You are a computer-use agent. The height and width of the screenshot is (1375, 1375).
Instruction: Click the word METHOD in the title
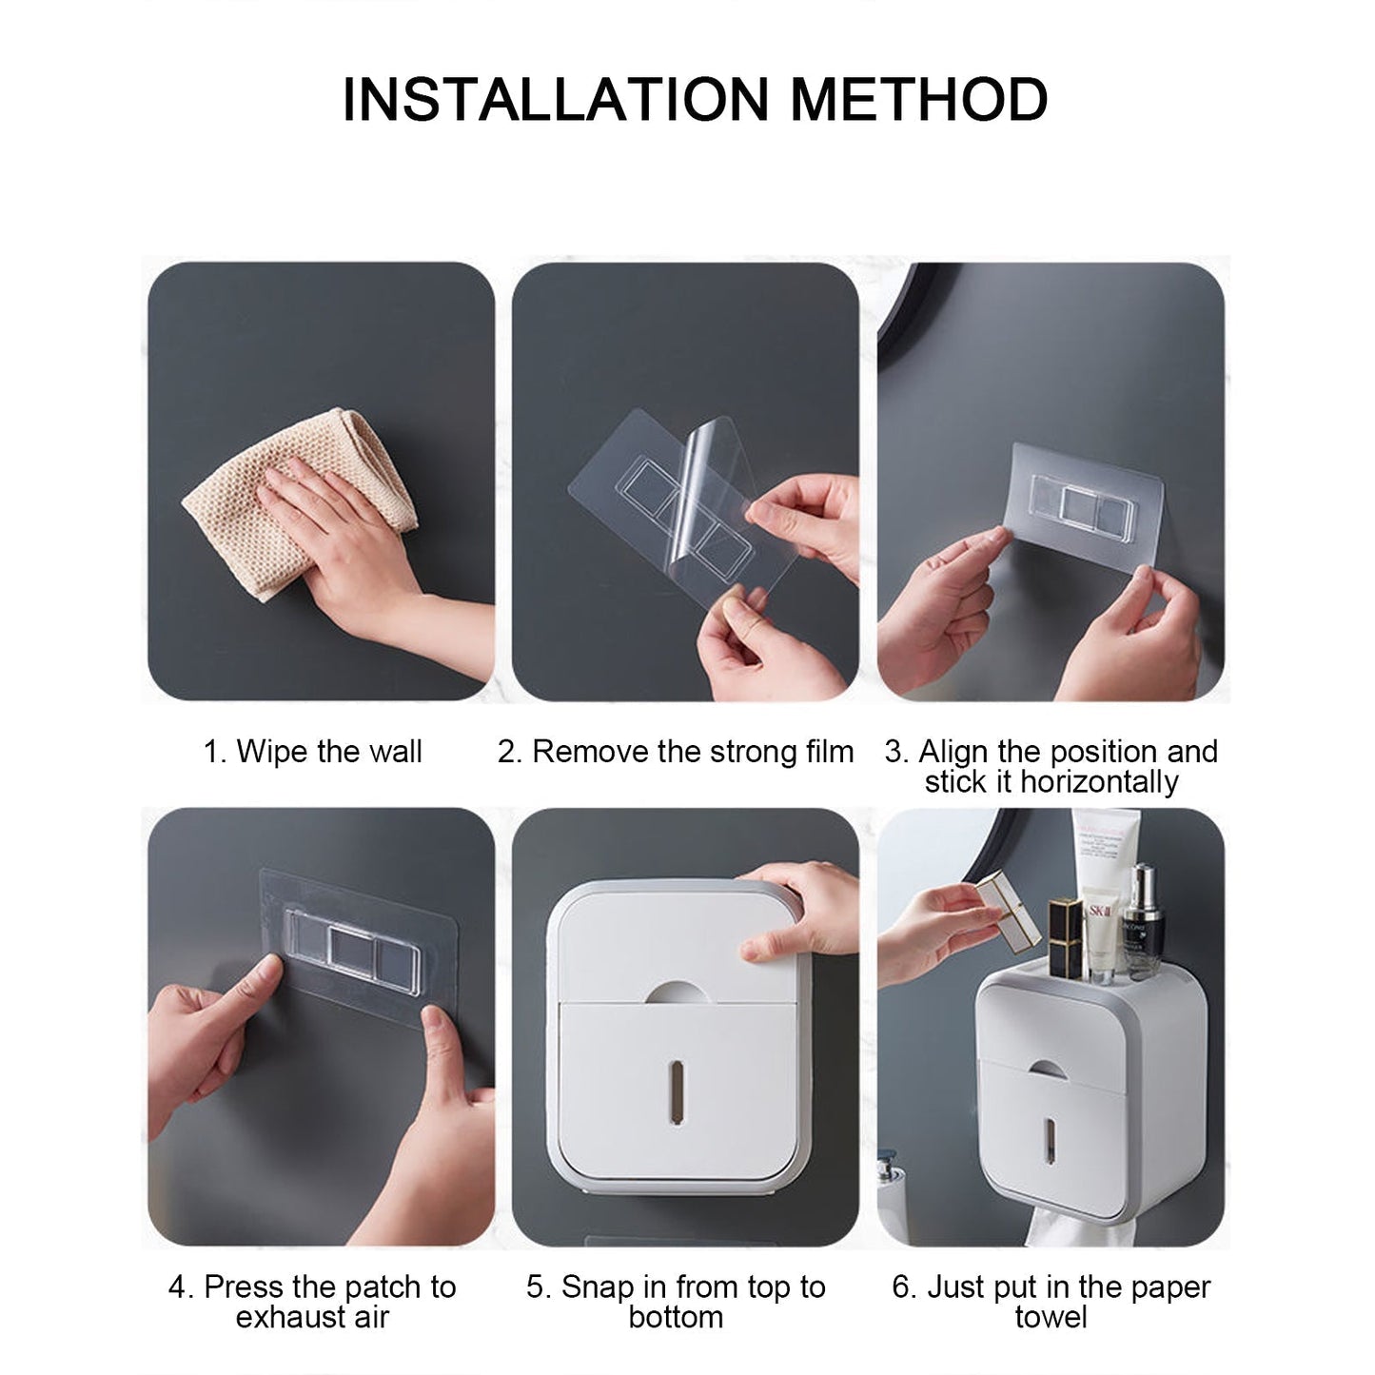[918, 100]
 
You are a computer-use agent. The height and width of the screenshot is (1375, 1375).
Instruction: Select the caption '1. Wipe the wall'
[312, 752]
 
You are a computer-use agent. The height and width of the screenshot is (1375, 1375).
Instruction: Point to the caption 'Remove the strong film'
[692, 752]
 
